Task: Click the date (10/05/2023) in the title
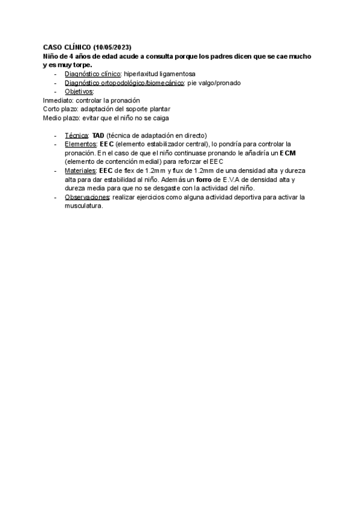pyautogui.click(x=112, y=47)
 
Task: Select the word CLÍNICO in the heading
pyautogui.click(x=76, y=47)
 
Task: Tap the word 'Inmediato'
pyautogui.click(x=58, y=100)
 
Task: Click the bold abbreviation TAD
pyautogui.click(x=98, y=136)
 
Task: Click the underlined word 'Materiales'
pyautogui.click(x=80, y=171)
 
